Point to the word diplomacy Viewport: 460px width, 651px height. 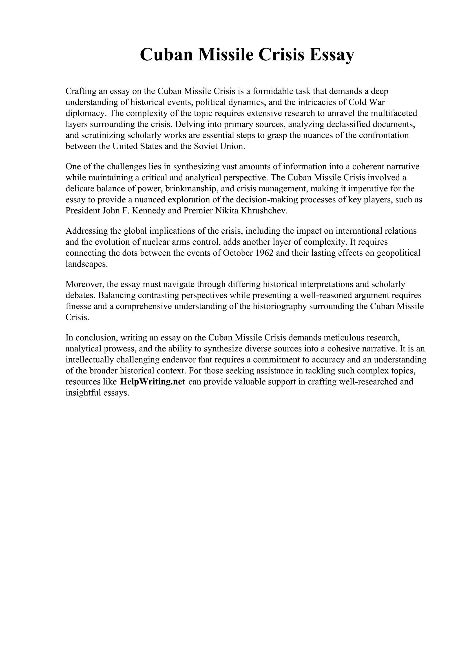[86, 113]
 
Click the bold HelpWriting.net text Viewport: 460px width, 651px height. [153, 382]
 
